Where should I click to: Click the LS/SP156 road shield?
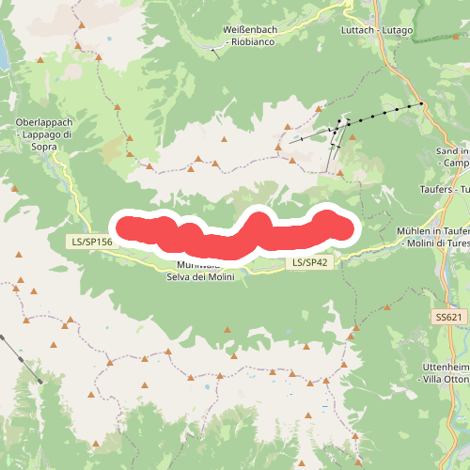click(x=91, y=242)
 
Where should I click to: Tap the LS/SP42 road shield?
click(x=309, y=262)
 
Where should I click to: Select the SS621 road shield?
click(x=450, y=318)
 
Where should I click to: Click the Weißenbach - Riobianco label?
click(x=254, y=36)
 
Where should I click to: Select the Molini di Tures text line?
click(x=433, y=243)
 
